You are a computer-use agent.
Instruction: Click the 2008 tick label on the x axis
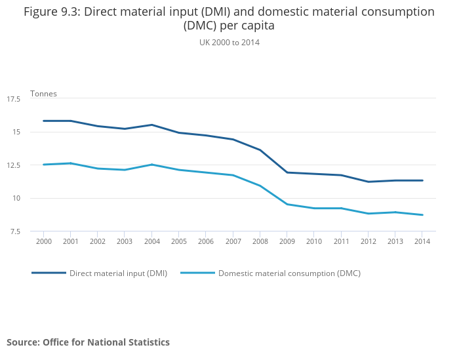pyautogui.click(x=260, y=241)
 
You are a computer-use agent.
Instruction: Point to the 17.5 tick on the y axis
pyautogui.click(x=14, y=99)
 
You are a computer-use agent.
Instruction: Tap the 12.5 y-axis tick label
pyautogui.click(x=14, y=165)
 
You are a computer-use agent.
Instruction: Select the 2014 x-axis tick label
pyautogui.click(x=422, y=241)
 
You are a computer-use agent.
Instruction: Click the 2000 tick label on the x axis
pyautogui.click(x=43, y=241)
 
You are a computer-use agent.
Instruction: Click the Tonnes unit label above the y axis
pyautogui.click(x=43, y=94)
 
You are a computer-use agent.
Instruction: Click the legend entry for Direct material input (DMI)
pyautogui.click(x=118, y=273)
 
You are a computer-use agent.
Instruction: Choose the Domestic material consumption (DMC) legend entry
pyautogui.click(x=289, y=273)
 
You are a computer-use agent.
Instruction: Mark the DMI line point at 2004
pyautogui.click(x=151, y=125)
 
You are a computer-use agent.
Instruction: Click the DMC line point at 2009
pyautogui.click(x=287, y=204)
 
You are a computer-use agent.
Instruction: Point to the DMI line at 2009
pyautogui.click(x=287, y=172)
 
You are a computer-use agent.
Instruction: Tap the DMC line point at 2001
pyautogui.click(x=70, y=163)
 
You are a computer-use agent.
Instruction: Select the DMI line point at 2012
pyautogui.click(x=368, y=182)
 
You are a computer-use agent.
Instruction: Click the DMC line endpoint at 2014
pyautogui.click(x=422, y=214)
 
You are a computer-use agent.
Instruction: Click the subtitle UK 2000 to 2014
pyautogui.click(x=229, y=43)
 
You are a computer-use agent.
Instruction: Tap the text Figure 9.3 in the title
pyautogui.click(x=52, y=12)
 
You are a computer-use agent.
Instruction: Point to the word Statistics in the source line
pyautogui.click(x=146, y=342)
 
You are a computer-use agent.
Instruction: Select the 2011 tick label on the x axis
pyautogui.click(x=341, y=241)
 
